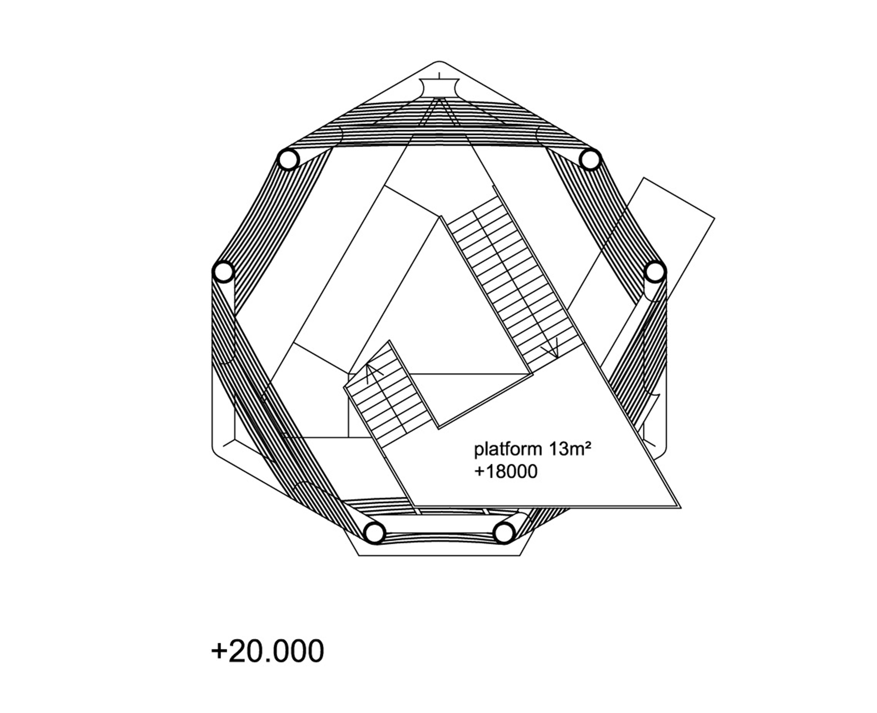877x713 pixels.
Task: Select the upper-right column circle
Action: (590, 159)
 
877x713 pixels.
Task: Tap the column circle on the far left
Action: (223, 272)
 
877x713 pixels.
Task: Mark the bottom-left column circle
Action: (374, 533)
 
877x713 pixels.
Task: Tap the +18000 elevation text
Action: (506, 472)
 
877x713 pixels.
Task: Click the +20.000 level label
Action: (267, 651)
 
